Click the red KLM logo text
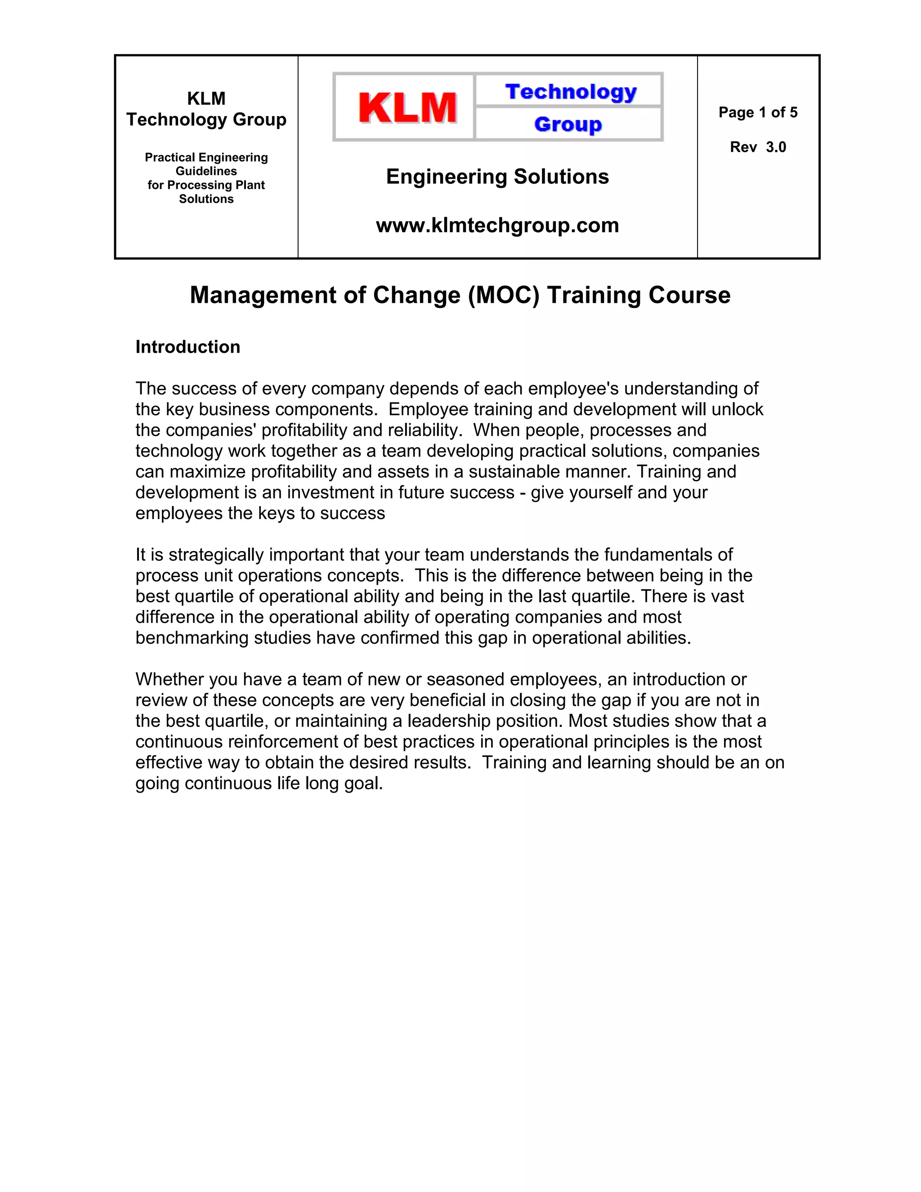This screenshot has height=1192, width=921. pos(407,107)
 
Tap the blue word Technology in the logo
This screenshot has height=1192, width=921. pos(571,92)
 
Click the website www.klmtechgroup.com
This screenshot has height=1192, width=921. pos(497,225)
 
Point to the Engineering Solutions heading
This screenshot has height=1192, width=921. pos(497,176)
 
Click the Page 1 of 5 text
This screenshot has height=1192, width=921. pos(757,112)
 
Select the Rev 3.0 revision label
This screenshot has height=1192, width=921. pos(757,147)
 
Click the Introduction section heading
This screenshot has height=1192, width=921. pos(188,346)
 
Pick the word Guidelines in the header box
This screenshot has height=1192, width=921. pos(206,171)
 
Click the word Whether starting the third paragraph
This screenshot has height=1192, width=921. pos(169,679)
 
